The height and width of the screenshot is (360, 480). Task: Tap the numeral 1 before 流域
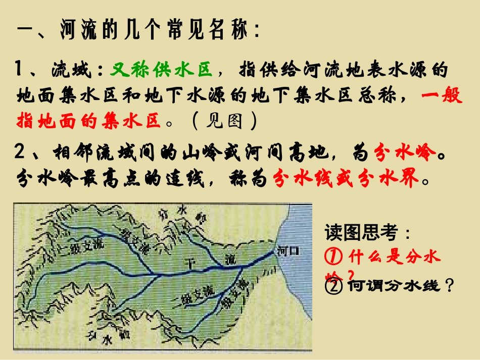tap(21, 69)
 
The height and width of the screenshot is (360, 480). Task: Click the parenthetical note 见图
tap(224, 121)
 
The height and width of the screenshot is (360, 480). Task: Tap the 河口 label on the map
tap(289, 251)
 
